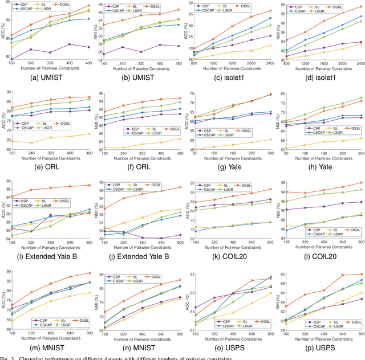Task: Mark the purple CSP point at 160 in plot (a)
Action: [12, 58]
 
